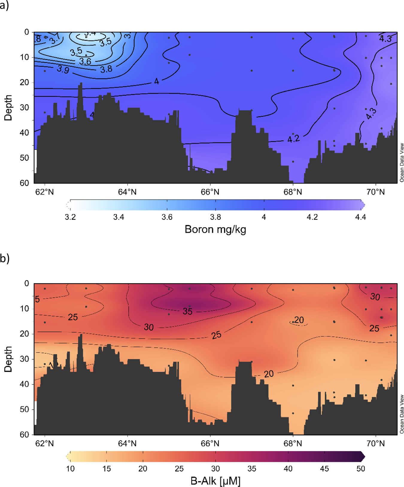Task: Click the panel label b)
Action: click(4, 258)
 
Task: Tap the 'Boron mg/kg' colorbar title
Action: click(215, 229)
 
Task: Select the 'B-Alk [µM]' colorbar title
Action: click(215, 481)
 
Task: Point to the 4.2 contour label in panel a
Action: click(293, 139)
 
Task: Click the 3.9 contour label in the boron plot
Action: click(63, 69)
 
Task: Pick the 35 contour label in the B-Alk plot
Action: click(188, 311)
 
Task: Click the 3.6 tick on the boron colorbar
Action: click(167, 217)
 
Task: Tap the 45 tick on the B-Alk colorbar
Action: click(324, 468)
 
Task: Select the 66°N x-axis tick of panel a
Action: click(210, 192)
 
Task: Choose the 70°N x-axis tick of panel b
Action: click(376, 443)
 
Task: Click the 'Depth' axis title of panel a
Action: click(8, 108)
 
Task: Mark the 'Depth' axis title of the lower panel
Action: click(8, 359)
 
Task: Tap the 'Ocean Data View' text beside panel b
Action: click(402, 414)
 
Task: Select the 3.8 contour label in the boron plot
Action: click(106, 69)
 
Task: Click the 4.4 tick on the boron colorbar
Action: click(360, 217)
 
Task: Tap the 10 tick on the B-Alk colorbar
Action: click(70, 468)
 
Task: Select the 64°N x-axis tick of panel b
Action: click(127, 443)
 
